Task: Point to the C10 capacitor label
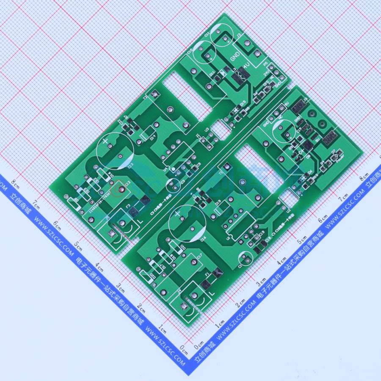190,52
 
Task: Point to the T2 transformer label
145,98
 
